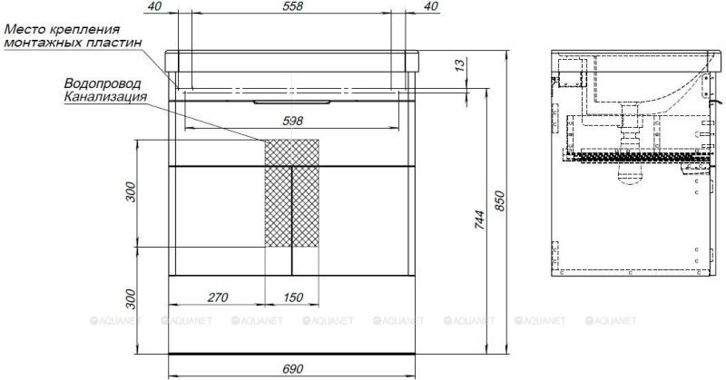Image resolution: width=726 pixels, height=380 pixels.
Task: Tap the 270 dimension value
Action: [215, 297]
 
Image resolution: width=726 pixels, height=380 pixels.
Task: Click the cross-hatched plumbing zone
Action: [292, 192]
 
